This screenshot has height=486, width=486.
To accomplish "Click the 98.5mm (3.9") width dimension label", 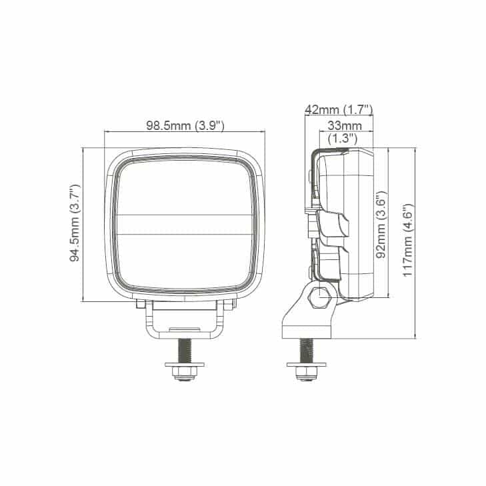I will tap(185, 125).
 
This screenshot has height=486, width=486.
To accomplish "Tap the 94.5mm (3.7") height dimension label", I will tap(75, 223).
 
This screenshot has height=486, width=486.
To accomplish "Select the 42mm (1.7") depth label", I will tap(338, 109).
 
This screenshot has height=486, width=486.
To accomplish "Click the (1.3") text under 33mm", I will tap(344, 138).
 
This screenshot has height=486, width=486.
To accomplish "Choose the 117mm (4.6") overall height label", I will tap(408, 241).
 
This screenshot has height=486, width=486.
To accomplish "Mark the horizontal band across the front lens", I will tap(185, 224).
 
